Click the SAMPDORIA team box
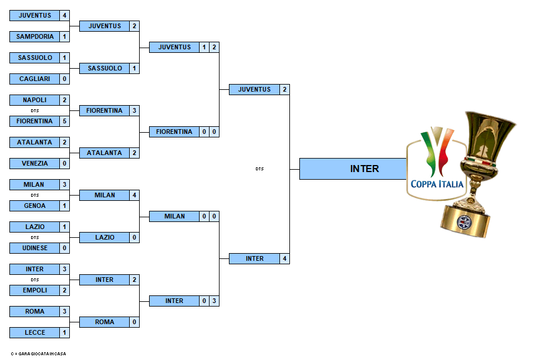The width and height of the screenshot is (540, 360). (x=35, y=36)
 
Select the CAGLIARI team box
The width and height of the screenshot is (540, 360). (x=35, y=79)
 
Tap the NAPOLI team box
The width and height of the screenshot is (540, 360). (x=35, y=100)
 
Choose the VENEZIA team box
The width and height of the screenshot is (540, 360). (x=35, y=163)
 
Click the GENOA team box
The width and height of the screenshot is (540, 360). (x=35, y=206)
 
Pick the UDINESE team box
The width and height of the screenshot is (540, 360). (x=35, y=248)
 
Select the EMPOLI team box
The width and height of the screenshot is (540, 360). (x=35, y=291)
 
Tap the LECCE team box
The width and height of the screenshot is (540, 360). (x=35, y=332)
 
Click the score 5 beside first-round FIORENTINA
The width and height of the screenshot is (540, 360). (x=65, y=121)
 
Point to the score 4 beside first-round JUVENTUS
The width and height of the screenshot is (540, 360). (x=65, y=15)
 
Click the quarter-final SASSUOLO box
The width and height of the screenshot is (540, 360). (x=104, y=68)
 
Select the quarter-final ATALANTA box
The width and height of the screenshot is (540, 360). (x=104, y=153)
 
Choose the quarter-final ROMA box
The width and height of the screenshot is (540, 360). (x=104, y=322)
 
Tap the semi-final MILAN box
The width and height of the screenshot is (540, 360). (x=174, y=216)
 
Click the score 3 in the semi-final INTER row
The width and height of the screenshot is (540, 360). (x=214, y=301)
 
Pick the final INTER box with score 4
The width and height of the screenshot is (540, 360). (x=254, y=259)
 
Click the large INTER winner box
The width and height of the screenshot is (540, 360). (x=353, y=169)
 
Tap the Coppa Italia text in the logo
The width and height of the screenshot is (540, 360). (x=437, y=184)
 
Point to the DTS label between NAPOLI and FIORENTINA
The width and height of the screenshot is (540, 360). (x=35, y=110)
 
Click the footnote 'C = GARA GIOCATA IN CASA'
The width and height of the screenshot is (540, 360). (x=38, y=354)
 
